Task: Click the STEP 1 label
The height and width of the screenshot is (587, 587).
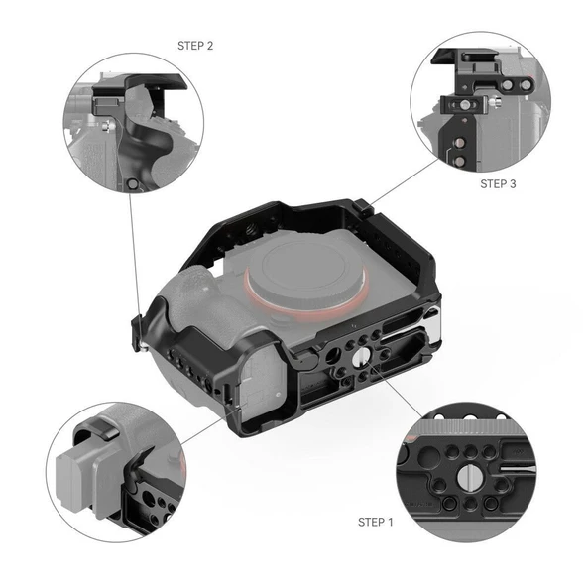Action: [x=375, y=521]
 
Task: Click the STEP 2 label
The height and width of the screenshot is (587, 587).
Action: [x=195, y=46]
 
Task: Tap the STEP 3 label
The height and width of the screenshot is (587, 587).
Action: [x=499, y=183]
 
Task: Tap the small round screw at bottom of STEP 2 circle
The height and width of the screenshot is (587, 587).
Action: [x=134, y=184]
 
